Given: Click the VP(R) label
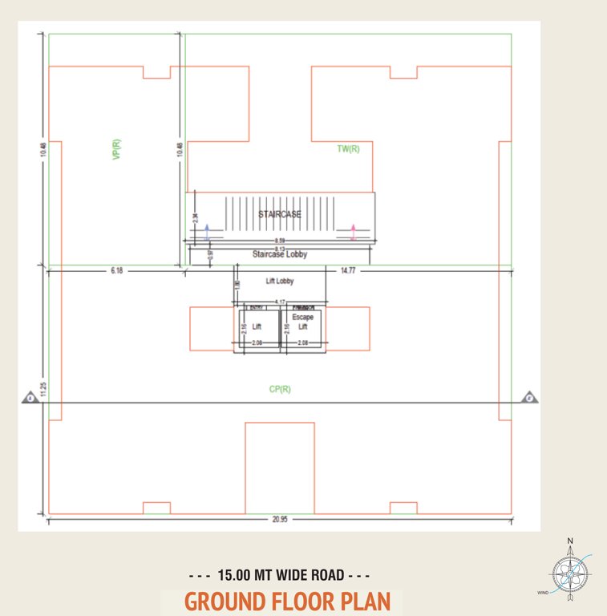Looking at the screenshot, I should pos(116,150).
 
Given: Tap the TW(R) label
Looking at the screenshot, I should pos(348,148).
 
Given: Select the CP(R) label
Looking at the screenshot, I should pos(280,390).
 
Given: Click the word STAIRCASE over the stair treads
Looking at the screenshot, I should pos(280,214).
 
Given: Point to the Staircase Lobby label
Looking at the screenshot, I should pos(280,254).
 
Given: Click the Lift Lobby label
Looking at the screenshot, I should pos(280,282).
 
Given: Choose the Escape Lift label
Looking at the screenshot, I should pos(302,322).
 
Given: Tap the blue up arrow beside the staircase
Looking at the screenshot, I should pos(206,232).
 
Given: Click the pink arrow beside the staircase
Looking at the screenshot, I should pos(353,232).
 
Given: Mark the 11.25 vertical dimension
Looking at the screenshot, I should pos(31,391).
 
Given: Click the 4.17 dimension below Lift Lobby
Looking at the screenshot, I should pos(281,302).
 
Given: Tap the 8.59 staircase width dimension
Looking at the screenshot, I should pos(280,241).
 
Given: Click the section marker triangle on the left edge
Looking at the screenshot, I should pos(28,397).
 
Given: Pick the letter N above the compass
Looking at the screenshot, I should pos(570,541).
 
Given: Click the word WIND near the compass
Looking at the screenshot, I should pos(543,593).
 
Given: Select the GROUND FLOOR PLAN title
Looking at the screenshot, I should pos(287,602).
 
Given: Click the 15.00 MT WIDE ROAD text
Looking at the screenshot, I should pos(279,575).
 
